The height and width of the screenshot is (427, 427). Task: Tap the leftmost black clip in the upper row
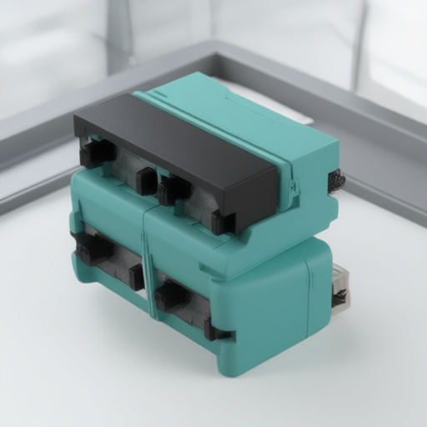pyautogui.click(x=96, y=153)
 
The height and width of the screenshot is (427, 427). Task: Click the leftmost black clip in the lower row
pyautogui.click(x=93, y=249)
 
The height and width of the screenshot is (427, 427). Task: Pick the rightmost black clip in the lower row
pyautogui.click(x=216, y=332)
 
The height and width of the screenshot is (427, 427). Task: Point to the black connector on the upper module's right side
pyautogui.click(x=336, y=181)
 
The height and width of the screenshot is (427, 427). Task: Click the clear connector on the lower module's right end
pyautogui.click(x=340, y=288)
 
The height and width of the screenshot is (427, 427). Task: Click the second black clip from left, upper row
pyautogui.click(x=147, y=181)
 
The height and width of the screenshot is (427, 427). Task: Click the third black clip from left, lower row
pyautogui.click(x=170, y=295)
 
